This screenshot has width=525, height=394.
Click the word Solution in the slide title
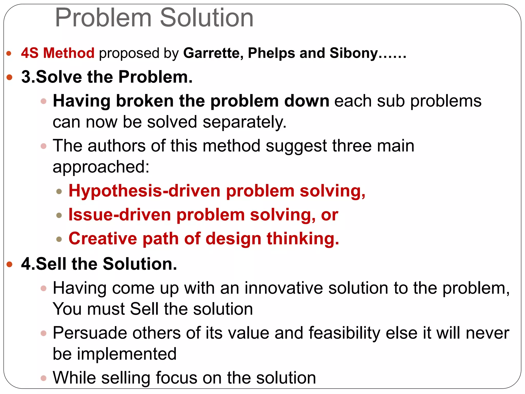tap(207, 18)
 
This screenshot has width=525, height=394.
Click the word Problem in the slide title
tap(104, 18)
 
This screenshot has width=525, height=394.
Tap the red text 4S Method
tap(58, 53)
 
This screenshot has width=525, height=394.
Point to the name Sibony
tap(354, 53)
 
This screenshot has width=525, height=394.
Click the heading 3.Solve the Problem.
tap(107, 77)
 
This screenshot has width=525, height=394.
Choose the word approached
tap(101, 167)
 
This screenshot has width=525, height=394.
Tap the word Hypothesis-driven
tap(144, 191)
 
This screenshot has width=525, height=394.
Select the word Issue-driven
tap(120, 215)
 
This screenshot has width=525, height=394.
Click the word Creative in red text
tap(103, 239)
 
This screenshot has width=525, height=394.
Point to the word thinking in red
tap(303, 239)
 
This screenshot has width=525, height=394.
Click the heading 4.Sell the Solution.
tap(99, 264)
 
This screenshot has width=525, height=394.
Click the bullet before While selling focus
tap(44, 378)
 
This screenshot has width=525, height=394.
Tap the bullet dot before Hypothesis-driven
tap(59, 191)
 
